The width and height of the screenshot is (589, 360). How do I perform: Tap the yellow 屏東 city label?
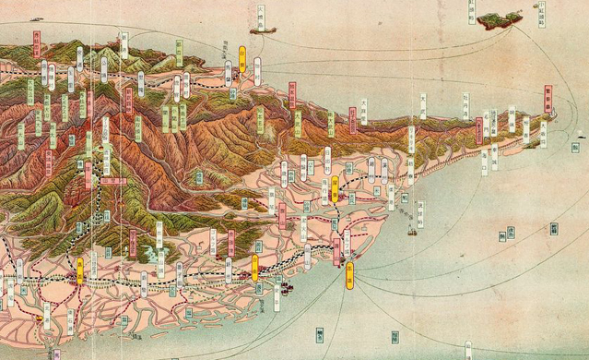coord(335,189)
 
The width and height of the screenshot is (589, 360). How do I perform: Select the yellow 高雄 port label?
coord(349,276)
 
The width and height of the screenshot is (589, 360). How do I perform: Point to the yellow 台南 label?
coord(254,267)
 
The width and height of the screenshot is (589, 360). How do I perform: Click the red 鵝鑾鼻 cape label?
coord(548,99)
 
